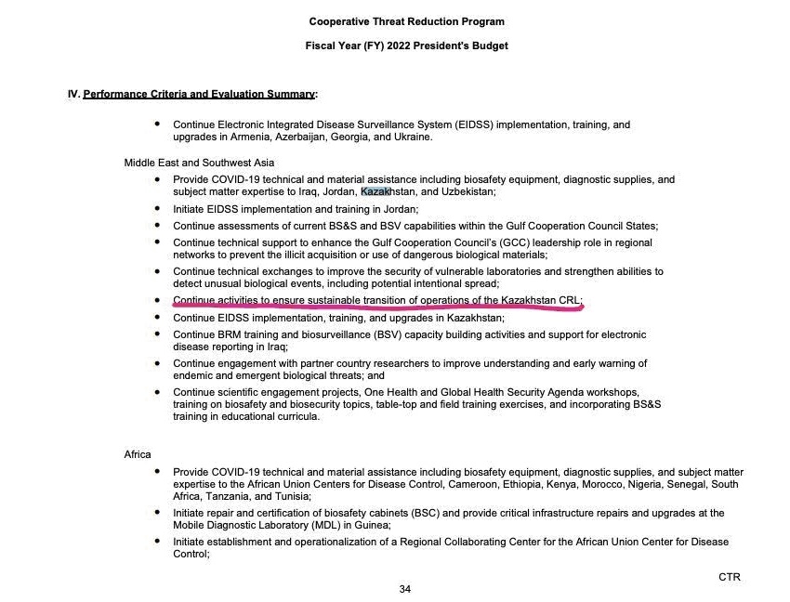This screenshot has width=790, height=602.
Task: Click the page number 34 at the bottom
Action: pos(404,589)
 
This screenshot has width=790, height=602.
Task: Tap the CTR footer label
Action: pos(730,577)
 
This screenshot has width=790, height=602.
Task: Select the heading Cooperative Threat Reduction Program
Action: pos(407,21)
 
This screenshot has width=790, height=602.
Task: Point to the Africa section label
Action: pos(138,454)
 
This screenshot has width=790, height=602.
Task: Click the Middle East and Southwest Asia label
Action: pos(199,164)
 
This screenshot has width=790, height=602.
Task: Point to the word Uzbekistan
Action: pos(464,192)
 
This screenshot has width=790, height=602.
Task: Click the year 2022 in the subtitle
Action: pos(402,46)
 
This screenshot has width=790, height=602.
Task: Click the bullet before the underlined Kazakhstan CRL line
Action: pos(158,301)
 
